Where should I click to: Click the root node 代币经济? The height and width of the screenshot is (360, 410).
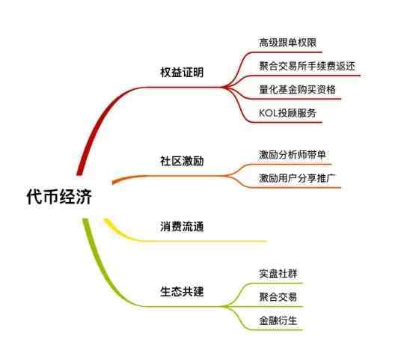pyautogui.click(x=59, y=197)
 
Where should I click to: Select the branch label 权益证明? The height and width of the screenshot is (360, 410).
pyautogui.click(x=182, y=72)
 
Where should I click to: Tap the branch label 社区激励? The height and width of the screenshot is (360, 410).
pyautogui.click(x=182, y=161)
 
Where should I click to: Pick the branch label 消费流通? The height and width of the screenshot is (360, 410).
pyautogui.click(x=182, y=226)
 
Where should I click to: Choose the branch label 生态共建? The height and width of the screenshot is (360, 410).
pyautogui.click(x=182, y=291)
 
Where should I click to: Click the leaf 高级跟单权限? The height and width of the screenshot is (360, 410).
pyautogui.click(x=287, y=43)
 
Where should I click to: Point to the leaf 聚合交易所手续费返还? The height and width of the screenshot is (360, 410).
pyautogui.click(x=307, y=66)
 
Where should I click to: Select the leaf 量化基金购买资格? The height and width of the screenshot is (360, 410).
pyautogui.click(x=297, y=90)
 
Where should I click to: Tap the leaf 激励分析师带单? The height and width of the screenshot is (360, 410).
pyautogui.click(x=293, y=154)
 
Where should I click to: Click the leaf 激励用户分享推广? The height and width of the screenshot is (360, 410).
pyautogui.click(x=297, y=178)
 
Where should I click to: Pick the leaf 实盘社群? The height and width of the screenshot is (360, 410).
pyautogui.click(x=278, y=273)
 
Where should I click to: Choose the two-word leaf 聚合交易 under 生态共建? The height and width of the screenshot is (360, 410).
pyautogui.click(x=278, y=297)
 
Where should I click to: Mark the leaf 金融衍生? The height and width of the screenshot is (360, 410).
pyautogui.click(x=278, y=320)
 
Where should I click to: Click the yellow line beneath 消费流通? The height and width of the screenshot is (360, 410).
pyautogui.click(x=199, y=241)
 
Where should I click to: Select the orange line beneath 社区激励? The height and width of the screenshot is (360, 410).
pyautogui.click(x=170, y=176)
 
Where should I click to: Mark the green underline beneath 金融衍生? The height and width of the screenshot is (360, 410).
pyautogui.click(x=277, y=330)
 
